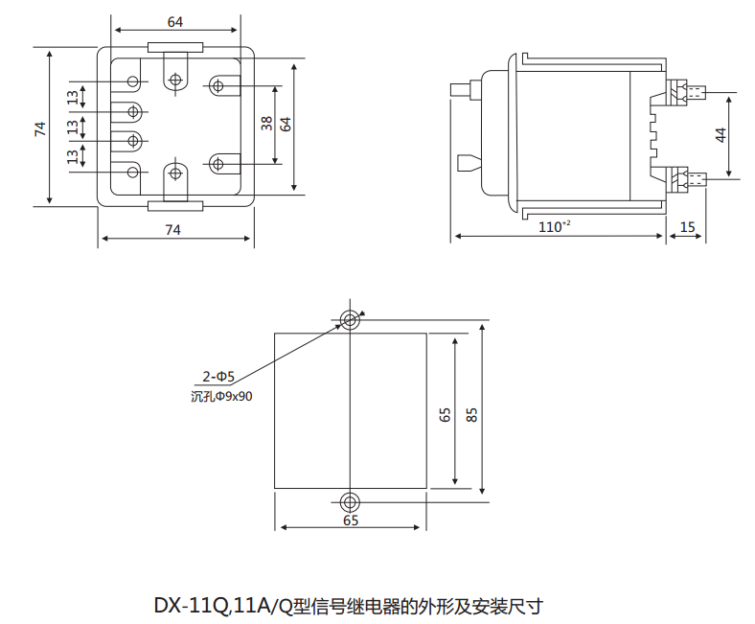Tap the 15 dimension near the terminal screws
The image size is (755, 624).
(x=687, y=226)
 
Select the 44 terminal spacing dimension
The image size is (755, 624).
(x=721, y=134)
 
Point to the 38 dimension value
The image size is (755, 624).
(x=267, y=123)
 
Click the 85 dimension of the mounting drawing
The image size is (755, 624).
(x=471, y=413)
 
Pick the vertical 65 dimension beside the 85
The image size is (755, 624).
(x=445, y=413)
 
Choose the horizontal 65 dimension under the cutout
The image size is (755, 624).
(x=351, y=520)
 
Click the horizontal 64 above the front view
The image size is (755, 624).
(x=175, y=22)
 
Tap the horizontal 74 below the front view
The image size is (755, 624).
(x=173, y=229)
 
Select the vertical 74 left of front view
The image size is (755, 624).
(x=40, y=128)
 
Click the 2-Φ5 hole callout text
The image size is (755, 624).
(x=217, y=379)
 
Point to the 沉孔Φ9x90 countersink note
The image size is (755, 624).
(x=221, y=396)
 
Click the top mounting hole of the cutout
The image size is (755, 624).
(x=351, y=319)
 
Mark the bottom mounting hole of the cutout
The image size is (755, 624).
(x=351, y=501)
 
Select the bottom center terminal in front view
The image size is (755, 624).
(x=175, y=173)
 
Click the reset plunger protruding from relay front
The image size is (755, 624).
(x=464, y=90)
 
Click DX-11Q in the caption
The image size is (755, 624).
(x=189, y=606)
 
